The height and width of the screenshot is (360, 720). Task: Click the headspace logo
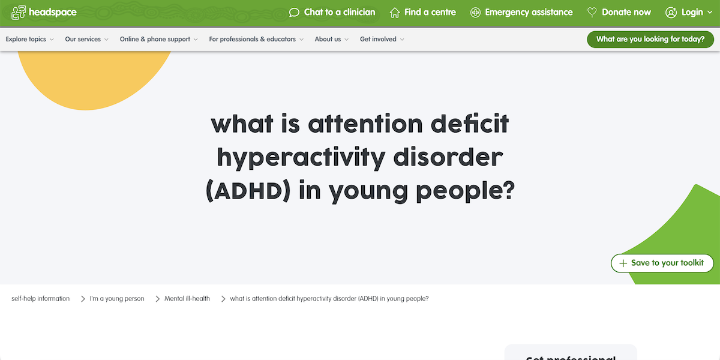[x=35, y=12]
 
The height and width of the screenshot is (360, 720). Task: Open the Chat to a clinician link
[x=332, y=12]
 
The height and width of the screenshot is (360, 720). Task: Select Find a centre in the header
[x=423, y=12]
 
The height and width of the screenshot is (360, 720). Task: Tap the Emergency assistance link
[x=521, y=12]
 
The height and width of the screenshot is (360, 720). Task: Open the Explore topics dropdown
[x=29, y=39]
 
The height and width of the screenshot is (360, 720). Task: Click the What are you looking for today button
[x=650, y=39]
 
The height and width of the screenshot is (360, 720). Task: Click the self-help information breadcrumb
[x=40, y=298]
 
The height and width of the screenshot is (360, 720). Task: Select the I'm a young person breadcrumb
[x=117, y=298]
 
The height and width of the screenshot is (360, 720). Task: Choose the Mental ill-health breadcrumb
[x=187, y=298]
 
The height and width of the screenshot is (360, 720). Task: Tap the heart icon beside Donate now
[x=592, y=12]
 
